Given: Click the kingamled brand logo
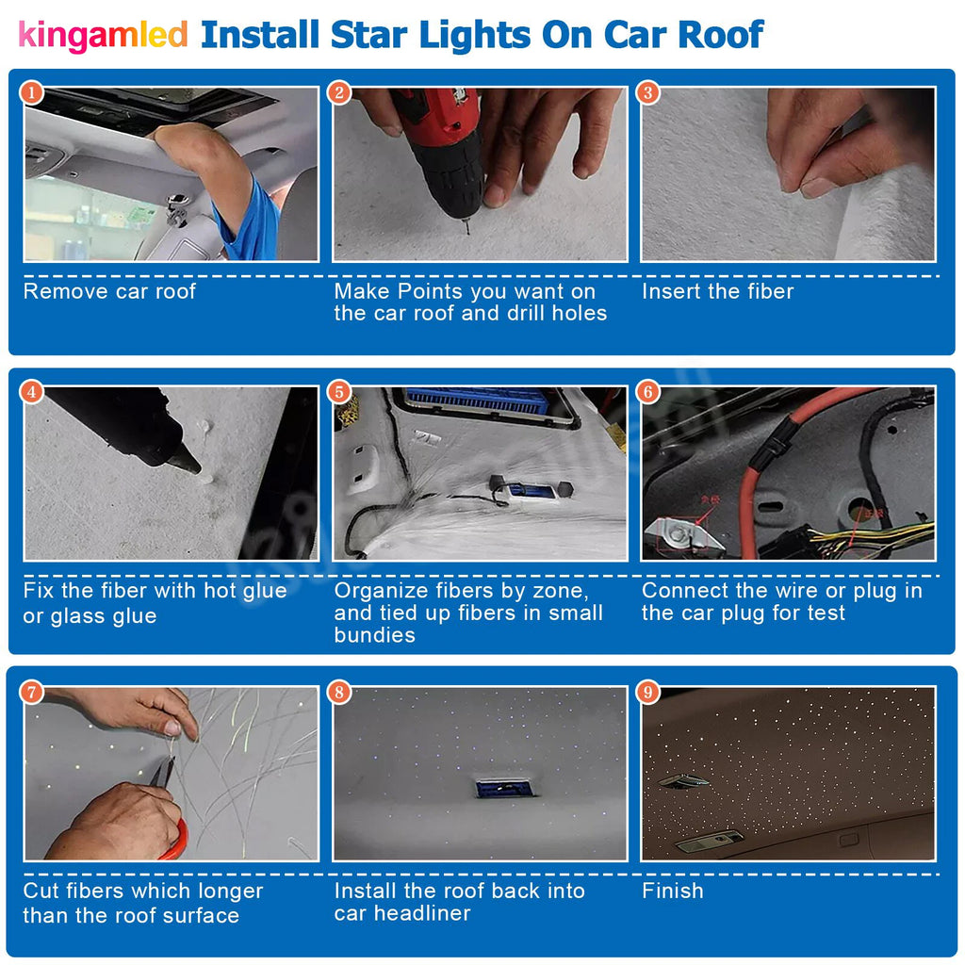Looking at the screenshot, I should [x=104, y=35].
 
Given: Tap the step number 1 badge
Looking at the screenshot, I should [x=32, y=92].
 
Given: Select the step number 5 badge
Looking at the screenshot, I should [x=340, y=391].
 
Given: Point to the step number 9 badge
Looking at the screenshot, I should [x=648, y=693].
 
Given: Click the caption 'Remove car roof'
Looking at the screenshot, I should [x=109, y=291].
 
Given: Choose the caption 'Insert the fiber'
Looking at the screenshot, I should [x=718, y=291].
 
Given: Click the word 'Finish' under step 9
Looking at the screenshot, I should [x=673, y=891].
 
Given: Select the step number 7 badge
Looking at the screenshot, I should [x=32, y=693].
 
